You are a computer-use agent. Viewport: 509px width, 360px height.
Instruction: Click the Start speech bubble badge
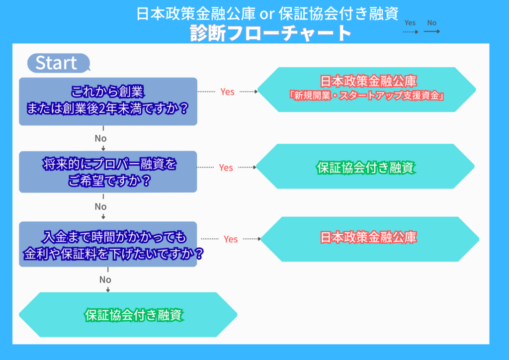pos(57,63)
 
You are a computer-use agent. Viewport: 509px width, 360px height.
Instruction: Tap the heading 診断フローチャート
pos(271,33)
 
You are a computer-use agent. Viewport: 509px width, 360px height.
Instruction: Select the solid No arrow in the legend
pos(431,31)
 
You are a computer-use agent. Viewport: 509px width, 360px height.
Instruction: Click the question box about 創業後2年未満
pos(108,101)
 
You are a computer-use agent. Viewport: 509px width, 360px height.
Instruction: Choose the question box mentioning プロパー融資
pos(108,172)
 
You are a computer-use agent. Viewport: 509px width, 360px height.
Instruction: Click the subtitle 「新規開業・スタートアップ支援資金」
pos(366,96)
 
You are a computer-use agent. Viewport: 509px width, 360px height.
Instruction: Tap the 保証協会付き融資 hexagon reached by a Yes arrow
pos(366,168)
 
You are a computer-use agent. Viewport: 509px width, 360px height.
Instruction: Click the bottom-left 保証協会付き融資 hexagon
pos(128,315)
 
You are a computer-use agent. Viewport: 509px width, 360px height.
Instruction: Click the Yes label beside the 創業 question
pos(227,92)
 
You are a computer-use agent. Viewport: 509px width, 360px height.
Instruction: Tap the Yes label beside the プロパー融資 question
pos(226,168)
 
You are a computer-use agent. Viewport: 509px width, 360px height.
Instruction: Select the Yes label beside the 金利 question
pos(231,239)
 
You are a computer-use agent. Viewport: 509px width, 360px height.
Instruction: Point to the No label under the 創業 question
pos(101,138)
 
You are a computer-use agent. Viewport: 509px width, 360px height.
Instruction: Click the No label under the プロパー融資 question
pos(101,206)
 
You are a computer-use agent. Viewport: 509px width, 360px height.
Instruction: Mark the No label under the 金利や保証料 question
pos(105,279)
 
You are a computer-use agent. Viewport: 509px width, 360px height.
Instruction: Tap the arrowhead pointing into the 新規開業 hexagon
pos(256,92)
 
